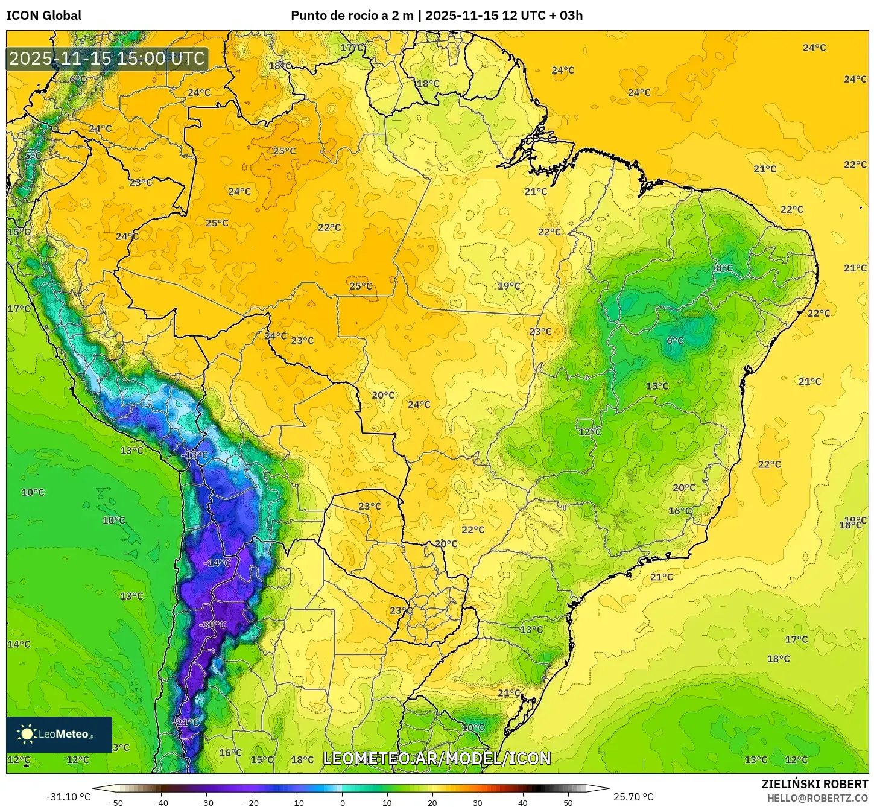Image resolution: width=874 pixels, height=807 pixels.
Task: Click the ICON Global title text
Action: tap(44, 16)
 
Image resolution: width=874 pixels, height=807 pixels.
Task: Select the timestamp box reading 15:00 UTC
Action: tap(107, 59)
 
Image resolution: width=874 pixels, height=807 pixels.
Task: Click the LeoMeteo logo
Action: tap(59, 734)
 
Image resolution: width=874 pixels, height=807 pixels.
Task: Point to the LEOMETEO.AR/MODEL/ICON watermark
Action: tap(437, 758)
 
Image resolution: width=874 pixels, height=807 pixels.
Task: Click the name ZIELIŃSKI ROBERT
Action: tap(814, 785)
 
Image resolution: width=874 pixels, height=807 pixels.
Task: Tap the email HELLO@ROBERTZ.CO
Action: tap(817, 798)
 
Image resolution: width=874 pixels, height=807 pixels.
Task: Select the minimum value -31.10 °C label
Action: tap(68, 797)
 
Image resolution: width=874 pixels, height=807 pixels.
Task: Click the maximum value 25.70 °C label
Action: tap(633, 797)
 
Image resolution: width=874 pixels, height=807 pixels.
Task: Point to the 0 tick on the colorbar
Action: tap(342, 802)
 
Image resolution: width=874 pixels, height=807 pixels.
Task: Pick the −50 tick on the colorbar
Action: tap(115, 802)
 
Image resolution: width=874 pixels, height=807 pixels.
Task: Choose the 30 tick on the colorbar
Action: tap(478, 802)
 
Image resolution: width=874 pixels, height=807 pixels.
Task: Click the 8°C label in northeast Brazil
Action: tap(724, 268)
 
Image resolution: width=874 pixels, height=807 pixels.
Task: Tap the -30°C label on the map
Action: tap(212, 625)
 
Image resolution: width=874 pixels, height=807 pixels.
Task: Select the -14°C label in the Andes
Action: tap(218, 563)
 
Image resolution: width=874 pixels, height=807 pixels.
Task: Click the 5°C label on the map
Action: tap(33, 156)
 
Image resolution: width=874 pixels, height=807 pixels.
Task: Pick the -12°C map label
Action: tap(195, 455)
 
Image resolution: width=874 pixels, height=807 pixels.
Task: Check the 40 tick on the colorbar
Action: tap(523, 802)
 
